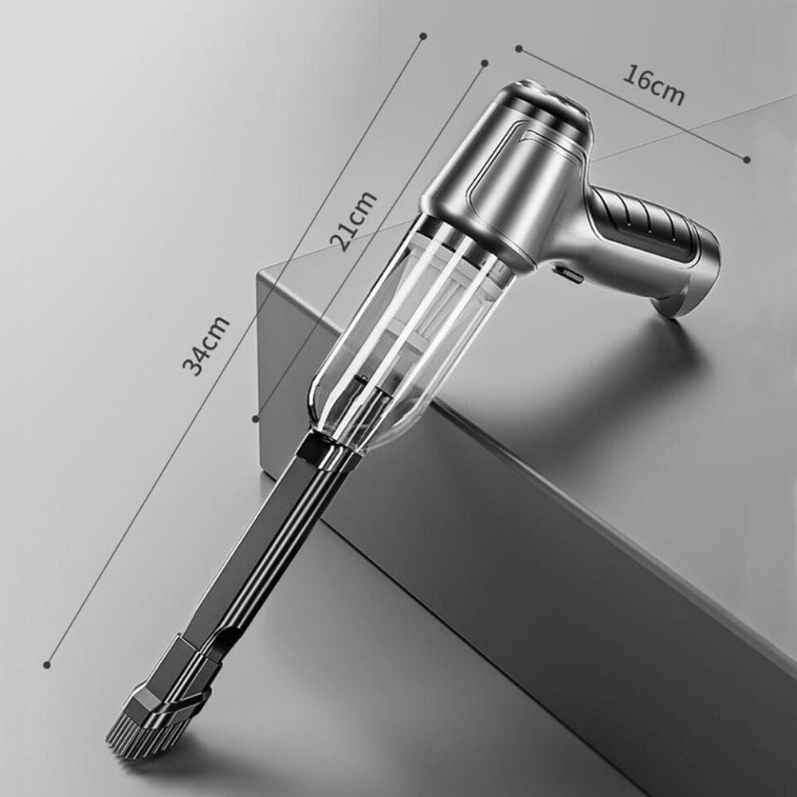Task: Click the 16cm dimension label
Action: [x=654, y=85]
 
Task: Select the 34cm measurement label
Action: [x=206, y=344]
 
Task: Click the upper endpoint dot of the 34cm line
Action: [x=423, y=36]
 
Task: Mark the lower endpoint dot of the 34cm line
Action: [x=47, y=664]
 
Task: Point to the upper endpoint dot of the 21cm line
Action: [x=485, y=63]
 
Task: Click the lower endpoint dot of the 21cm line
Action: [x=256, y=418]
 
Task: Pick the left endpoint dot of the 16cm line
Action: [x=519, y=49]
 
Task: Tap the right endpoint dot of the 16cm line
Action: [x=747, y=159]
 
